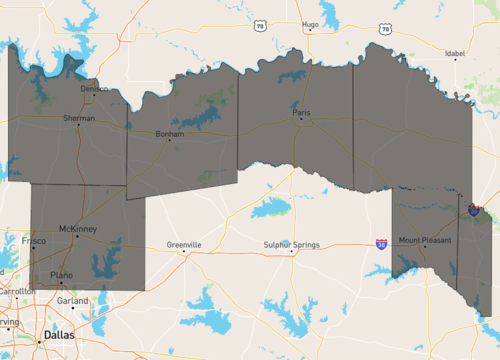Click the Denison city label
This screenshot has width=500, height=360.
click(x=94, y=88)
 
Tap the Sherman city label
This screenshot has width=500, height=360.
click(x=79, y=118)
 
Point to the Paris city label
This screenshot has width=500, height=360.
click(x=302, y=113)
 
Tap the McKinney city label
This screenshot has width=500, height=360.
click(x=77, y=229)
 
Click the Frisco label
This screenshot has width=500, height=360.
click(x=32, y=241)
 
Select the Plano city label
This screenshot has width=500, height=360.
click(x=62, y=273)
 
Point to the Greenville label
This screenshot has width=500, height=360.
click(x=184, y=244)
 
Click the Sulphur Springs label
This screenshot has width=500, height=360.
click(x=291, y=244)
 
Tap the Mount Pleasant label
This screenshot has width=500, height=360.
click(x=425, y=240)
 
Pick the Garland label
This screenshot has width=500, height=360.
click(x=72, y=300)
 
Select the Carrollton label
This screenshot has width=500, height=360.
click(x=15, y=291)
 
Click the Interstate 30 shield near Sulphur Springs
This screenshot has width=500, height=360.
click(x=382, y=244)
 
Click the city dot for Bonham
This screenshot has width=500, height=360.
click(x=170, y=140)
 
